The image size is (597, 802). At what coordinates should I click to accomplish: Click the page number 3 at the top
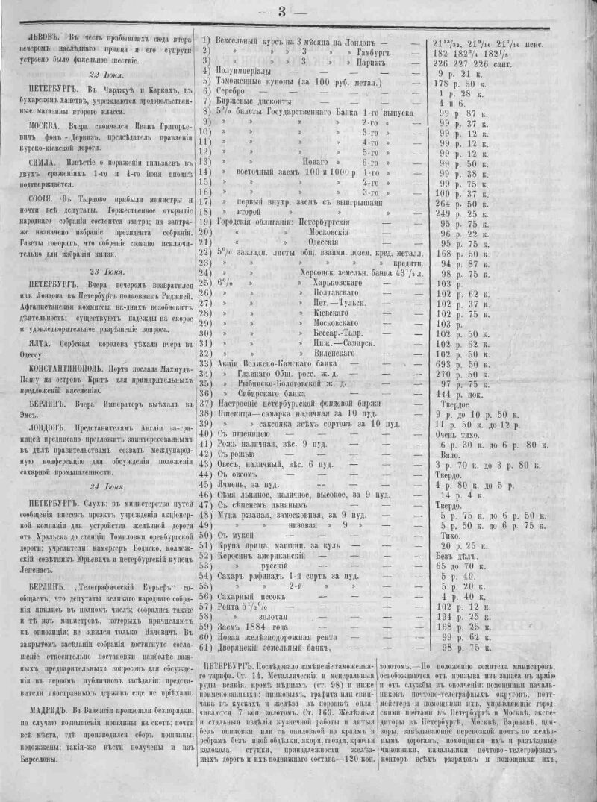click(282, 11)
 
